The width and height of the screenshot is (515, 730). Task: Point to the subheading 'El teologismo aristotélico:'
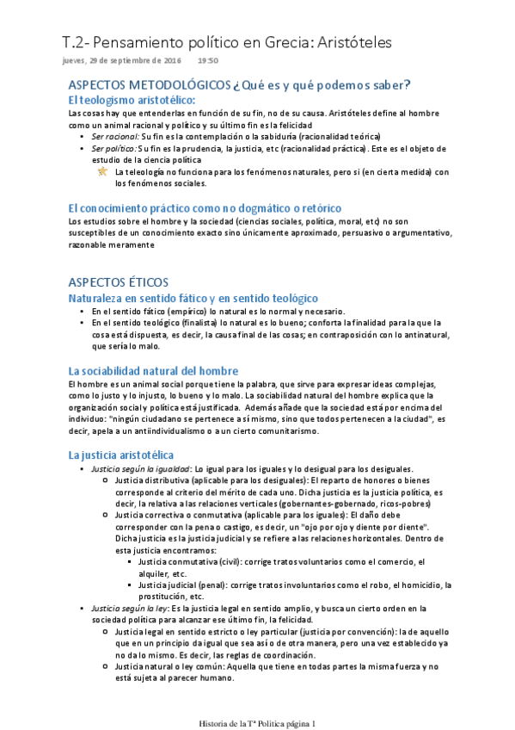point(132,101)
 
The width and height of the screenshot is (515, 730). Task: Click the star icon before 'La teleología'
point(103,171)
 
